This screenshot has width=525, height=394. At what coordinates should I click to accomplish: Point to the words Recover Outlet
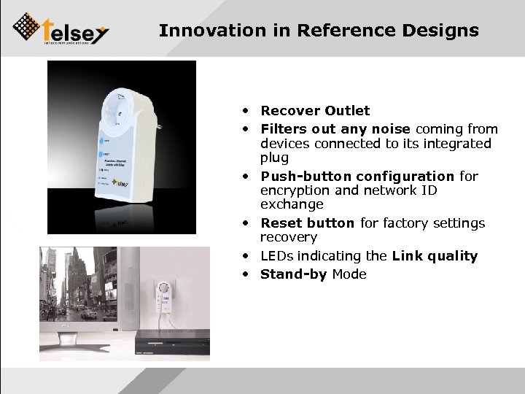click(315, 111)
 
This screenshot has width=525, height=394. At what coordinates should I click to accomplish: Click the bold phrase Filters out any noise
click(335, 129)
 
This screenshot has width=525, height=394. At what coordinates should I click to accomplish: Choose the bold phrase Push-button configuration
click(357, 176)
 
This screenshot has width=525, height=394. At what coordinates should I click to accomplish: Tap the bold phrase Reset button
click(307, 223)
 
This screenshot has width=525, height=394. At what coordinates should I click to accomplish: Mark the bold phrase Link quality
click(435, 256)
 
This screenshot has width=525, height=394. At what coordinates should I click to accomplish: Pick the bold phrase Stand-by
click(294, 274)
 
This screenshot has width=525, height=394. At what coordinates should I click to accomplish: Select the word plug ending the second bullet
click(274, 158)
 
